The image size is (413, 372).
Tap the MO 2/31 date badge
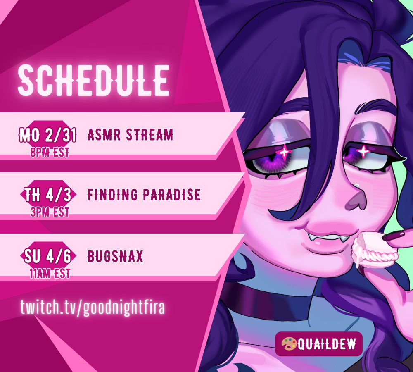tap(47, 135)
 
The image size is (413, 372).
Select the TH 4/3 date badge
tap(48, 195)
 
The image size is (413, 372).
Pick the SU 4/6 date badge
tap(48, 256)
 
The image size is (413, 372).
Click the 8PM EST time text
tap(50, 153)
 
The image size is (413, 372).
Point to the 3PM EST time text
tap(50, 212)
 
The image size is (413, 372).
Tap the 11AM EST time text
tap(50, 273)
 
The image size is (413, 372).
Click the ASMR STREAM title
tap(131, 135)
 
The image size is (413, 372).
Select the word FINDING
tap(112, 195)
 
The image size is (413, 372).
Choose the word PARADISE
tap(172, 195)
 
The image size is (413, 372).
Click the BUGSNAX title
tap(115, 256)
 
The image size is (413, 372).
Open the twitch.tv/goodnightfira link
tap(93, 307)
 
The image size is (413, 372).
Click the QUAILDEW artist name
tap(327, 344)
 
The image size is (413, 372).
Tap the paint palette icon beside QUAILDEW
tap(289, 344)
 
